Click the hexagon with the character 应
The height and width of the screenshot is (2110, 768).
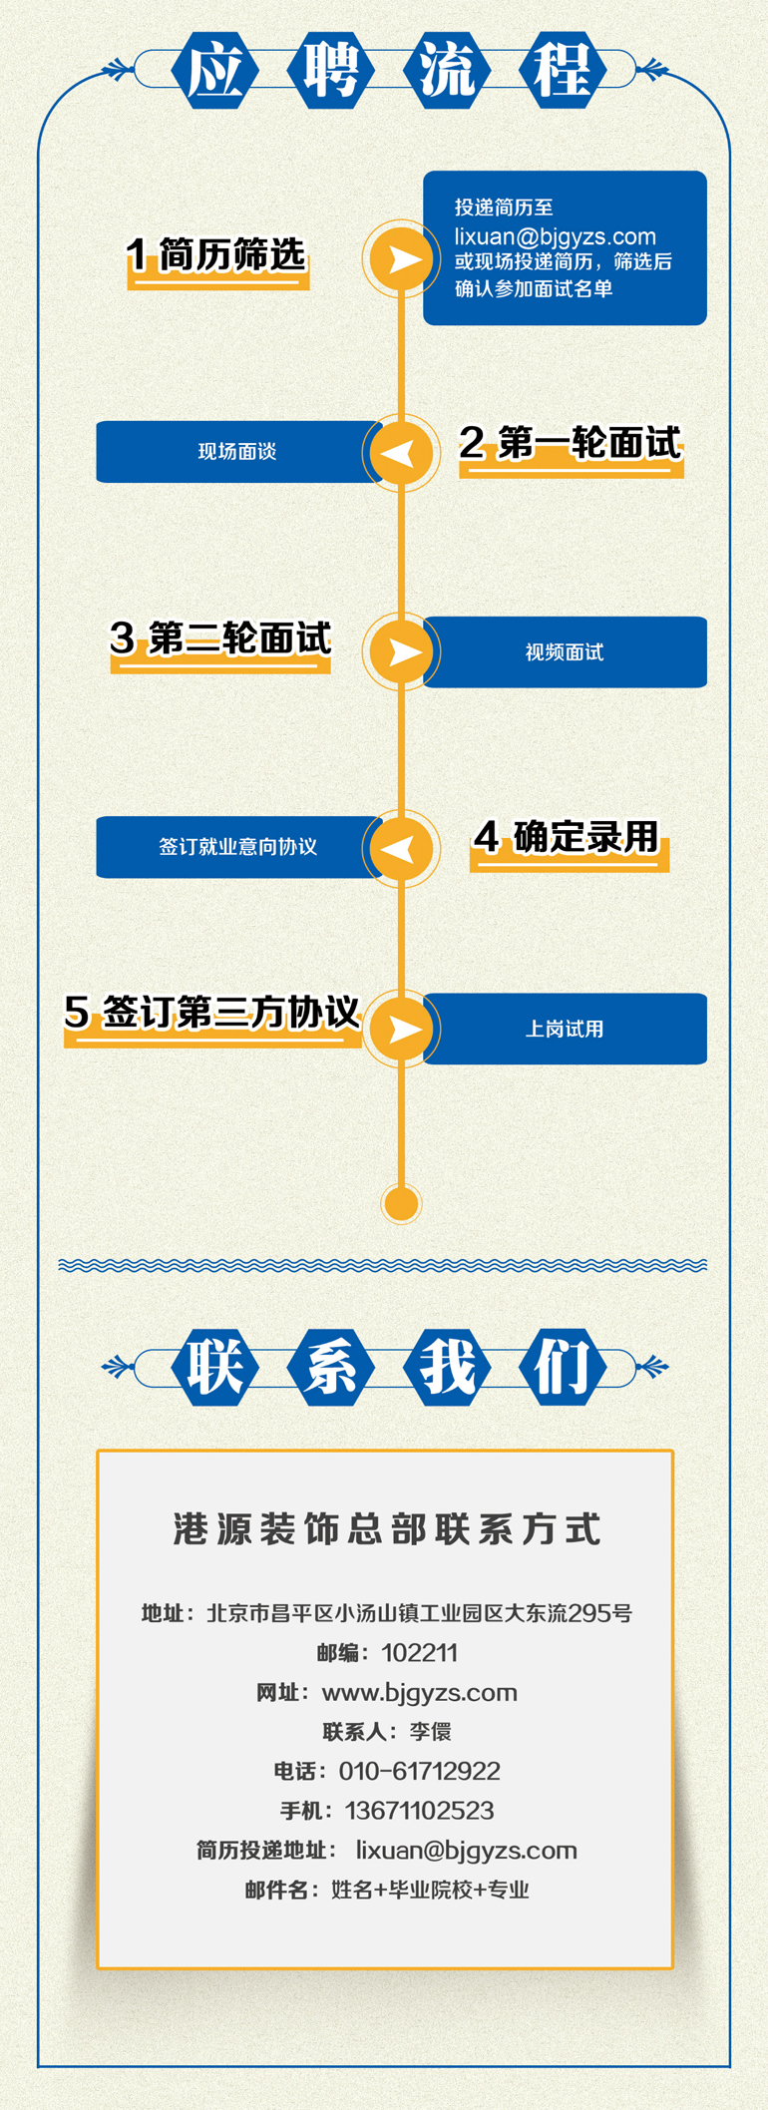tap(215, 70)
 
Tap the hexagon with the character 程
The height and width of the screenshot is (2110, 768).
tap(563, 70)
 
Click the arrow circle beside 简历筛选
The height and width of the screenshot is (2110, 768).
tap(401, 258)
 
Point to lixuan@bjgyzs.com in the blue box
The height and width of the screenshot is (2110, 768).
tap(555, 236)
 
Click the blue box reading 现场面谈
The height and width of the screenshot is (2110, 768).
tap(237, 452)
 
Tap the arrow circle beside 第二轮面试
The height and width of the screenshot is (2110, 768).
tap(401, 651)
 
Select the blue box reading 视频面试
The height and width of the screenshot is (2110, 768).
tap(565, 652)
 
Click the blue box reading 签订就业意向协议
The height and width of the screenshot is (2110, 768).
tap(237, 847)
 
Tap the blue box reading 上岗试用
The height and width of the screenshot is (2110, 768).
tap(565, 1029)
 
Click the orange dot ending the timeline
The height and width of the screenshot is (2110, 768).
tap(401, 1203)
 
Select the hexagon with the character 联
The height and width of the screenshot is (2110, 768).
tap(215, 1367)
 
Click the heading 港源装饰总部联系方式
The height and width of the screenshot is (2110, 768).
tap(387, 1529)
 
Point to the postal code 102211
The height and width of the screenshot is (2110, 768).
tap(419, 1653)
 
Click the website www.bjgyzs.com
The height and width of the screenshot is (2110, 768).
tap(419, 1693)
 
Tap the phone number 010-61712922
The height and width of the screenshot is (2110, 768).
tap(419, 1771)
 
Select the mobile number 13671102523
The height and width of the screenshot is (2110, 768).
tap(419, 1811)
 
